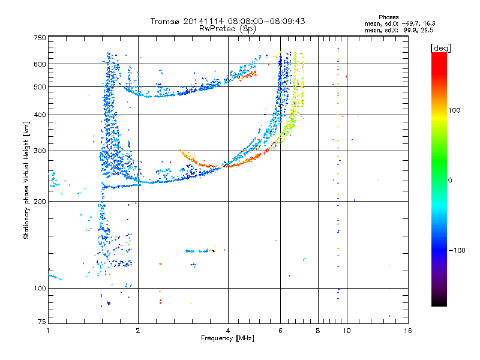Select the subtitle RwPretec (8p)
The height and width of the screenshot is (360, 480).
tap(228, 28)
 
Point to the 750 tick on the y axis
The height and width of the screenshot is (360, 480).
tap(39, 37)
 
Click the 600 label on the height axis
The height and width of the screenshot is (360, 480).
tap(39, 64)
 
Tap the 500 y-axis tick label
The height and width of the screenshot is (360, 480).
tap(39, 87)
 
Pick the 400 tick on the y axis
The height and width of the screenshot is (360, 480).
tap(39, 115)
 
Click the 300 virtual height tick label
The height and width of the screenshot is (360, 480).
tap(39, 151)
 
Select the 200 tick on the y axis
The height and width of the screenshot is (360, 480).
tap(39, 202)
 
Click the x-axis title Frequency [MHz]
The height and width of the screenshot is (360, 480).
tap(227, 339)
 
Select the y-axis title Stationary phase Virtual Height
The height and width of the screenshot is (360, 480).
tap(26, 181)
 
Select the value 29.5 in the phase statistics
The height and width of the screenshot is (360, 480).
tap(427, 29)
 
